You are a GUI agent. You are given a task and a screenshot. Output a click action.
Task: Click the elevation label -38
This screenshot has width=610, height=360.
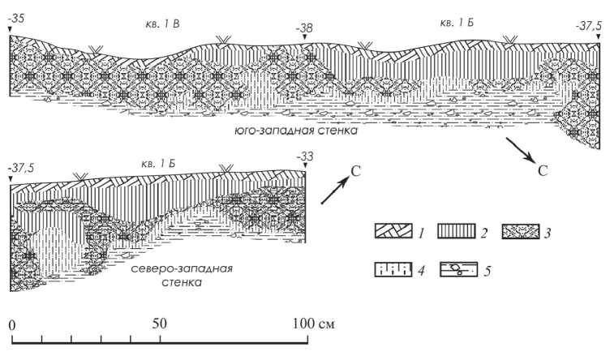pos(305,28)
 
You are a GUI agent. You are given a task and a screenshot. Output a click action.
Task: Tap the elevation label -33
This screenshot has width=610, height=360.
pos(305,156)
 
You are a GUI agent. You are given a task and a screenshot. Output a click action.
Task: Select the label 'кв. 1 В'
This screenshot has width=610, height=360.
pos(162,24)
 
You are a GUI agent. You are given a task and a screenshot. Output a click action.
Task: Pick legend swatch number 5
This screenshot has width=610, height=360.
pos(457,268)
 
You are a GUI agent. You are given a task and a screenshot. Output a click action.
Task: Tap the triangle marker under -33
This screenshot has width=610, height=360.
pos(305,167)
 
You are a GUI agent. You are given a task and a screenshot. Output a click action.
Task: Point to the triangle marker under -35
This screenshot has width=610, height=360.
pos(10,29)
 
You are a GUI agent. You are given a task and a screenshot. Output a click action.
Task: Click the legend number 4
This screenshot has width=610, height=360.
pos(419,269)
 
